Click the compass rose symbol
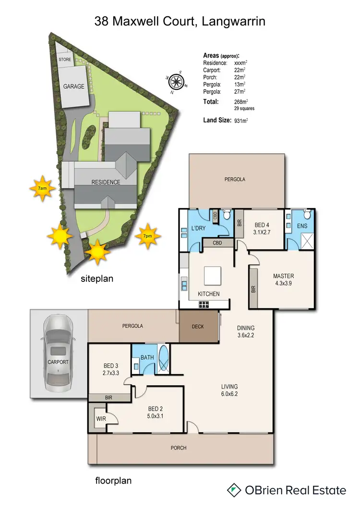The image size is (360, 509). click(x=176, y=82)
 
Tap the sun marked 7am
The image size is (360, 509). click(x=42, y=188)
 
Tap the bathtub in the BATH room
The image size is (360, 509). click(x=164, y=359)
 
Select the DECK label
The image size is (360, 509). click(x=198, y=327)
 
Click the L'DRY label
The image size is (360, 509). click(x=198, y=229)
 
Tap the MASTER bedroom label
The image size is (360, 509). click(x=283, y=276)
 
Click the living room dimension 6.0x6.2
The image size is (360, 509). click(x=229, y=394)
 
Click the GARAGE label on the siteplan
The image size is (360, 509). click(x=73, y=87)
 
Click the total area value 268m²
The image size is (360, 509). click(x=240, y=102)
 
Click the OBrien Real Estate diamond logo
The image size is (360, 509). click(x=234, y=490)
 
